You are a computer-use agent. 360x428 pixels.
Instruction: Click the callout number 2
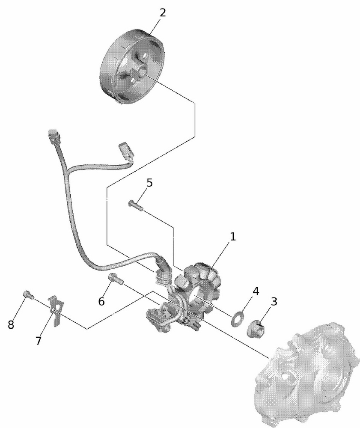pos(162,12)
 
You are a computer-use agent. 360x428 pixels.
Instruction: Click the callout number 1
pos(232,236)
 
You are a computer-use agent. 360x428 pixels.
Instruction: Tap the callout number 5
pos(149,183)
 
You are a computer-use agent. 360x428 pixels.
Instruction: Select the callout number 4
pos(256,291)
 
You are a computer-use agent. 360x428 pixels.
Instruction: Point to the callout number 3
pos(273,302)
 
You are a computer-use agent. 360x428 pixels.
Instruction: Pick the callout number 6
pos(101,301)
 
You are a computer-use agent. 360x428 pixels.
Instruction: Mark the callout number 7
pos(38,341)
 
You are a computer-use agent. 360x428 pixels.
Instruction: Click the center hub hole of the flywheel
pos(141,71)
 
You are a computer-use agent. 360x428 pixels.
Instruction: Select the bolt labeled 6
pos(116,279)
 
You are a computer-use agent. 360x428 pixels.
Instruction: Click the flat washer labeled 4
pos(235,319)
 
